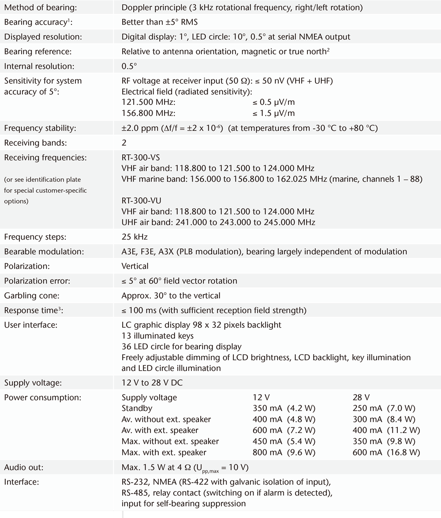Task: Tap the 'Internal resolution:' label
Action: (39, 67)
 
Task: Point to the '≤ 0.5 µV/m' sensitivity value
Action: (273, 103)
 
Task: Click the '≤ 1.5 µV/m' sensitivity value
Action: (273, 114)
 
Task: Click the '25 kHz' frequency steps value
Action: (135, 237)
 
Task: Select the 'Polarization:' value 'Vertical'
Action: (135, 266)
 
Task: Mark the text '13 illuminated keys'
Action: (157, 336)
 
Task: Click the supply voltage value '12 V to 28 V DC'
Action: (152, 383)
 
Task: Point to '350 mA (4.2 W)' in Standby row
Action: (284, 408)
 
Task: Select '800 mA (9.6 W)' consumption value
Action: (284, 452)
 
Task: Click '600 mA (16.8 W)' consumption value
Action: (386, 452)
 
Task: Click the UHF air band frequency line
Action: (218, 222)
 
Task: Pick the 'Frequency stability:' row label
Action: (40, 128)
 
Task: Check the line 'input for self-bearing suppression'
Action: (184, 503)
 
